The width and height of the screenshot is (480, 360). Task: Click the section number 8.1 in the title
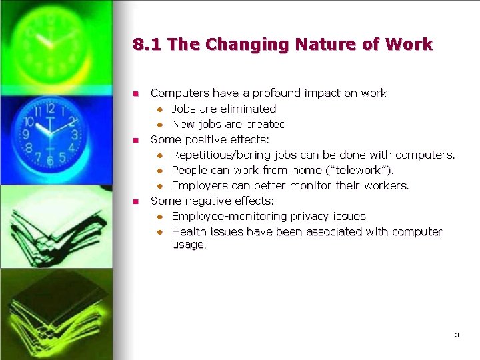tap(147, 45)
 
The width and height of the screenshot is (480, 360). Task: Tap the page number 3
tap(457, 335)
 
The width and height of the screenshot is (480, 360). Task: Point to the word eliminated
tap(249, 109)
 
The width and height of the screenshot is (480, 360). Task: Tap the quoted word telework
tap(359, 170)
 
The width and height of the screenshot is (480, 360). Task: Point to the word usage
tap(189, 245)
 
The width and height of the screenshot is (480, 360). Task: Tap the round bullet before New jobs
tap(160, 125)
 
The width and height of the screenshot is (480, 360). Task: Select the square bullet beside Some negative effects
tap(135, 201)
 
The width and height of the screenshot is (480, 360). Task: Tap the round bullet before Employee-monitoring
tap(160, 217)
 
